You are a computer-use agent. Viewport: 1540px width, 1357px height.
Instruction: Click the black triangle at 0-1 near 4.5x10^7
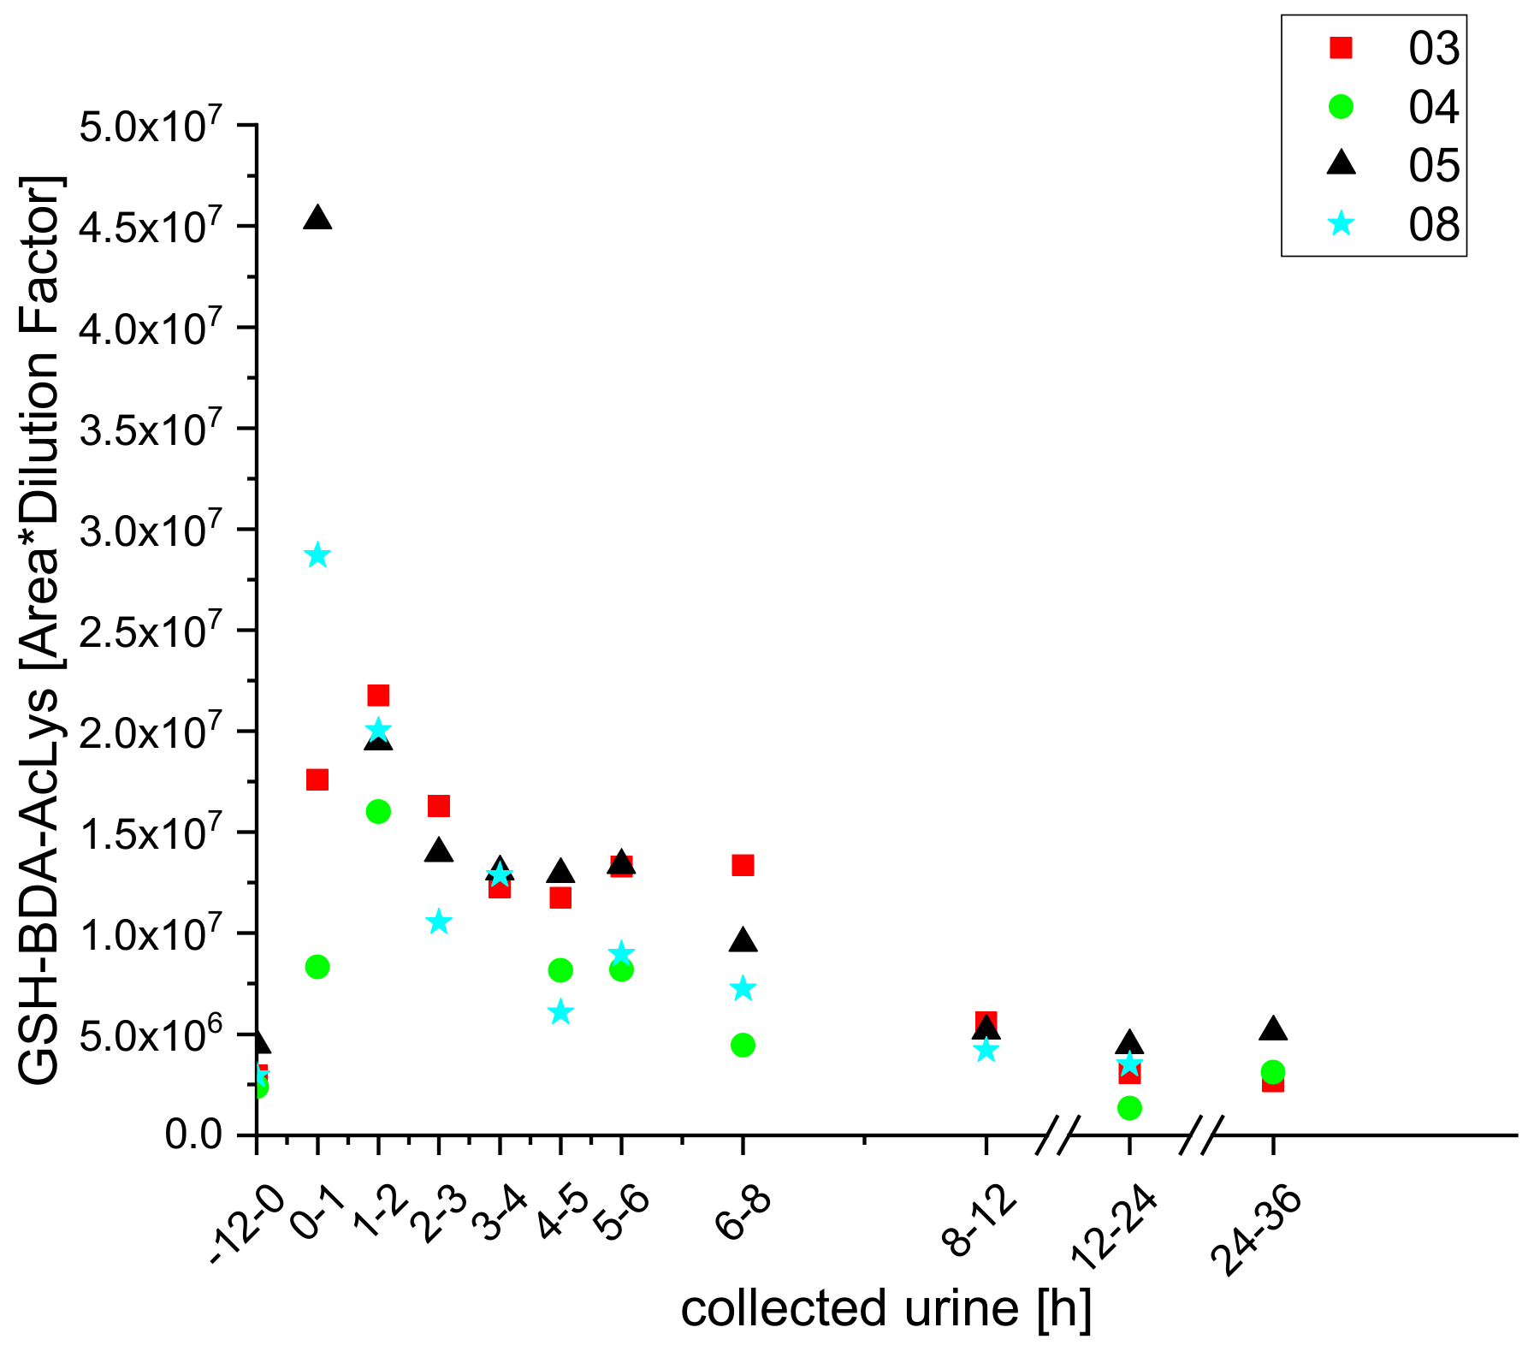pos(317,218)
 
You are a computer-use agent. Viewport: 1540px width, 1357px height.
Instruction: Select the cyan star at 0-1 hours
pos(317,555)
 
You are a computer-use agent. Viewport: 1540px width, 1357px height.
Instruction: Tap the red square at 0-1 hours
pos(317,779)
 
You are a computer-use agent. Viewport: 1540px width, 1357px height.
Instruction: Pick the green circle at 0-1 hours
pos(317,967)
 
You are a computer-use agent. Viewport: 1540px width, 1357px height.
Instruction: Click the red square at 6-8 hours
pos(743,865)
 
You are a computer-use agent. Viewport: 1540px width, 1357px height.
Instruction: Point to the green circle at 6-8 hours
pos(743,1045)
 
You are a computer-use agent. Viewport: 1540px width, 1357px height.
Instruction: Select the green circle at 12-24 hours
pos(1129,1108)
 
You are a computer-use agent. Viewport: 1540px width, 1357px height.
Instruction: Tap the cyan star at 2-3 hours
pos(439,922)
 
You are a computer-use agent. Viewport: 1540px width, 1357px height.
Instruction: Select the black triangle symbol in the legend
pos(1341,163)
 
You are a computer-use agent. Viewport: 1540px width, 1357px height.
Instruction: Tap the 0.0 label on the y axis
pos(193,1135)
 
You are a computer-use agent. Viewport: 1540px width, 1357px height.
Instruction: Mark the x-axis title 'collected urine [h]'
pos(886,1310)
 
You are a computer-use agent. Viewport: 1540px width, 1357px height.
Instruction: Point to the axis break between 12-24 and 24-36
pos(1201,1135)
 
